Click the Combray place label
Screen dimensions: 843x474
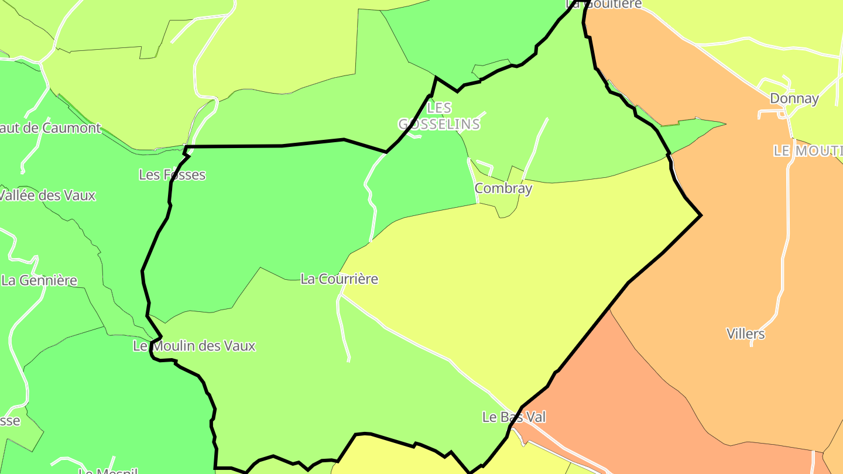(503, 188)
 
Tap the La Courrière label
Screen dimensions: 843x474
(339, 279)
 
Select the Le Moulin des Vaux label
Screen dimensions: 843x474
(194, 346)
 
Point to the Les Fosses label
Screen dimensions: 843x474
(172, 174)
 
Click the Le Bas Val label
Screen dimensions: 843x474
(513, 417)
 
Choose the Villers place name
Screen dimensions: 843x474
(745, 334)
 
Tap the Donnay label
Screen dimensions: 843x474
(794, 98)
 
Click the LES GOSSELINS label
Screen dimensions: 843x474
(439, 116)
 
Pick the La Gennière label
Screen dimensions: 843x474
(39, 280)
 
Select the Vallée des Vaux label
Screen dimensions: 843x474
(47, 195)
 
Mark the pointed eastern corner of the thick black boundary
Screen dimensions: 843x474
(701, 215)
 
